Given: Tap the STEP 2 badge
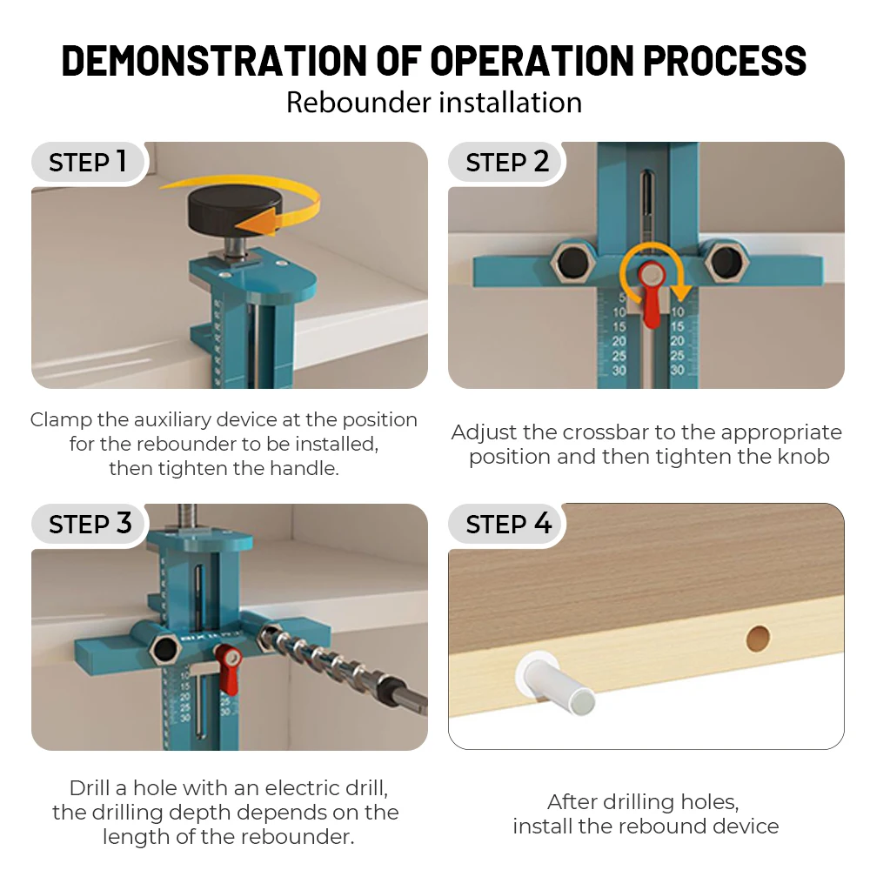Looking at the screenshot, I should (507, 162).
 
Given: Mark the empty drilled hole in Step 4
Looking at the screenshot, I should (759, 639).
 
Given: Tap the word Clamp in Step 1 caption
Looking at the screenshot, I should (59, 419).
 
